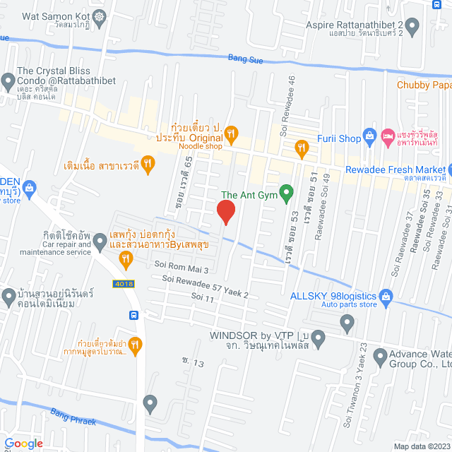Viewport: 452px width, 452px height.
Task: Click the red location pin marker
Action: [x=225, y=211]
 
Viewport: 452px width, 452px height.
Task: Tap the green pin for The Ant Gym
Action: [x=286, y=192]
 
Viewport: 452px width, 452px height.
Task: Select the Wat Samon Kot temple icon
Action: [x=99, y=16]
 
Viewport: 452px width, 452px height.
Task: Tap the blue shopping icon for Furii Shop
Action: [x=368, y=135]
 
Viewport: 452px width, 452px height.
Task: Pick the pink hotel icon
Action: [x=388, y=135]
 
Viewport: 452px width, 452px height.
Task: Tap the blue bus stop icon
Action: [x=133, y=315]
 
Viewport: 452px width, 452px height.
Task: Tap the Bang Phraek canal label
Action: [x=73, y=421]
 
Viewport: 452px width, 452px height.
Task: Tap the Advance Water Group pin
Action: [x=380, y=359]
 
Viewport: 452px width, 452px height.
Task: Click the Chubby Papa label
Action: [x=424, y=85]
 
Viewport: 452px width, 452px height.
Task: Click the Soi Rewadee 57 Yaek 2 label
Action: [x=205, y=285]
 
